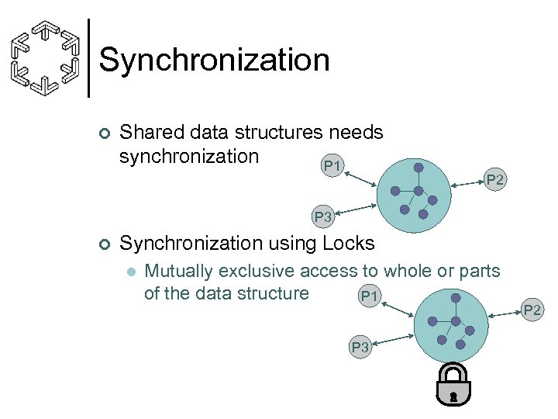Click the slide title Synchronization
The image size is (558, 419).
coord(215,60)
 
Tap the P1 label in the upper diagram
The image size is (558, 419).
coord(332,165)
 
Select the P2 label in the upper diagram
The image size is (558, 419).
coord(494,180)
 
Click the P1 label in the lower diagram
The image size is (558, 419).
coord(370,296)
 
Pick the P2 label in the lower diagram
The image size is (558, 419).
coord(534,311)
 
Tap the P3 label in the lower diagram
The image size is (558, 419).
coord(360,348)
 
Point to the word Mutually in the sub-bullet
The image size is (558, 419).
coord(179,272)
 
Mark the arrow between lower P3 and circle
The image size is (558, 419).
coord(393,339)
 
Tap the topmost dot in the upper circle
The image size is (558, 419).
coord(418,167)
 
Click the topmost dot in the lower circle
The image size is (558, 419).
coord(456,298)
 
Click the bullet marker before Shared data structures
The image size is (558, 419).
coord(105,133)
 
